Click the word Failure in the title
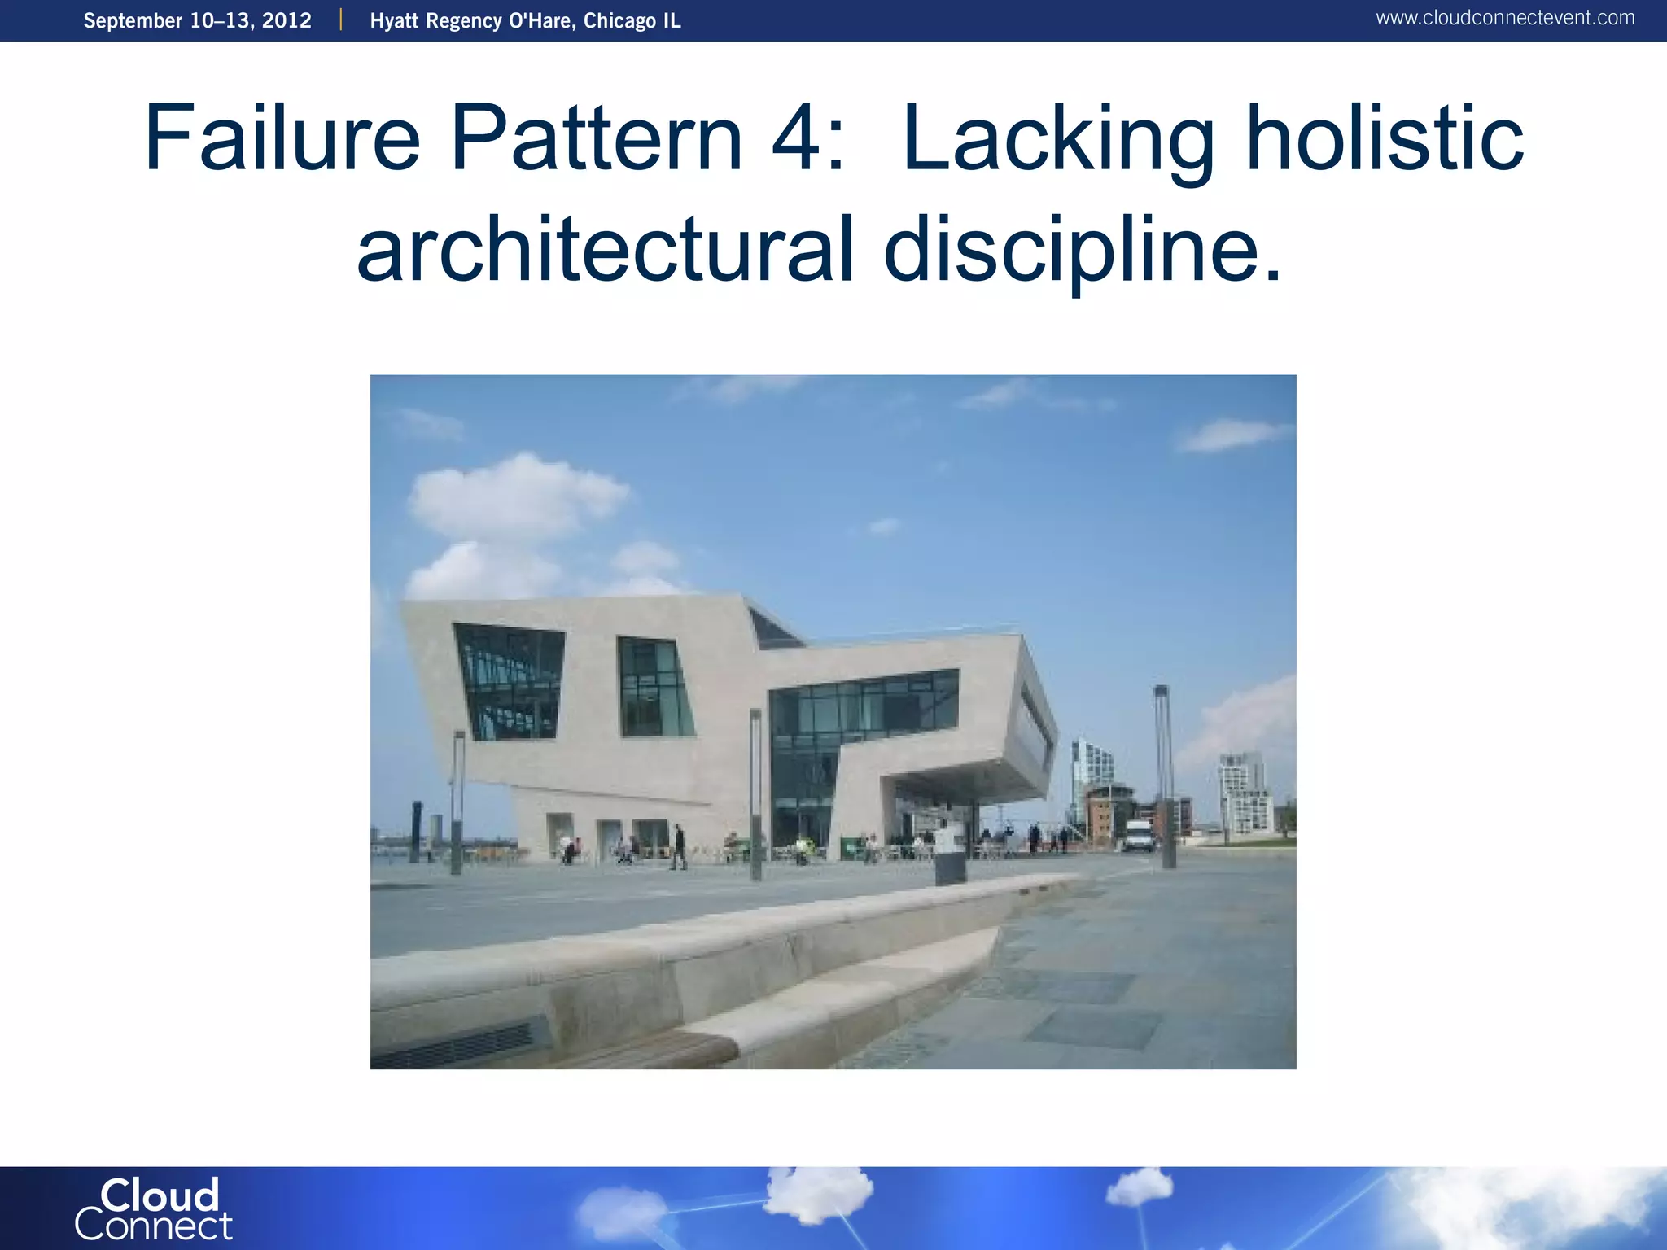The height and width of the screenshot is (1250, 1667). (x=282, y=138)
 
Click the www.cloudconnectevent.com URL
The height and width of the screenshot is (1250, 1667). (x=1504, y=18)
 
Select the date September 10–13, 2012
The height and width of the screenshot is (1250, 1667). (x=197, y=20)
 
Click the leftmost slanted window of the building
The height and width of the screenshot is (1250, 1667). (x=510, y=682)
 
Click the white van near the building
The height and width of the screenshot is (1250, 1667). (x=1138, y=835)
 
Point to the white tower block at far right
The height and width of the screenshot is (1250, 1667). (x=1243, y=793)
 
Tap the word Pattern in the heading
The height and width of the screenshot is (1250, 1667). (x=596, y=138)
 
